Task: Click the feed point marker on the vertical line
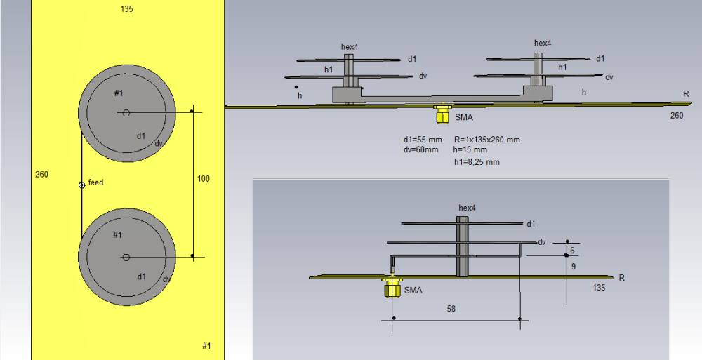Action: pyautogui.click(x=81, y=185)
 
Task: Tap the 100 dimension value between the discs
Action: pyautogui.click(x=203, y=179)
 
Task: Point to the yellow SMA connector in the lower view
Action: pyautogui.click(x=392, y=287)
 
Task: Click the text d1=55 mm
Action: pyautogui.click(x=423, y=140)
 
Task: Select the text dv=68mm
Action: pyautogui.click(x=421, y=149)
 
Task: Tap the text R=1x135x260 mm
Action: pyautogui.click(x=486, y=140)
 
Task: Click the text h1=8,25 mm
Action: pyautogui.click(x=477, y=162)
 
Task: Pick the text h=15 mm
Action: pyautogui.click(x=470, y=150)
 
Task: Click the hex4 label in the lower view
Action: pyautogui.click(x=467, y=208)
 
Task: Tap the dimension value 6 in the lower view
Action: pyautogui.click(x=573, y=251)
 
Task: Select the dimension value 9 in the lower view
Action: pyautogui.click(x=573, y=267)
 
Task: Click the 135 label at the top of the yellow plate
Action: pyautogui.click(x=127, y=9)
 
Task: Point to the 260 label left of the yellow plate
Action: pyautogui.click(x=41, y=174)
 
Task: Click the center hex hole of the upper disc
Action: pyautogui.click(x=126, y=112)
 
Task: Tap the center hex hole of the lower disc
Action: pyautogui.click(x=126, y=257)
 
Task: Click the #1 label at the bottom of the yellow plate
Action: pyautogui.click(x=206, y=346)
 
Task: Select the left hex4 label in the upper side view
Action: pyautogui.click(x=350, y=47)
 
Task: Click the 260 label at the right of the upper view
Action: pyautogui.click(x=677, y=116)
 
